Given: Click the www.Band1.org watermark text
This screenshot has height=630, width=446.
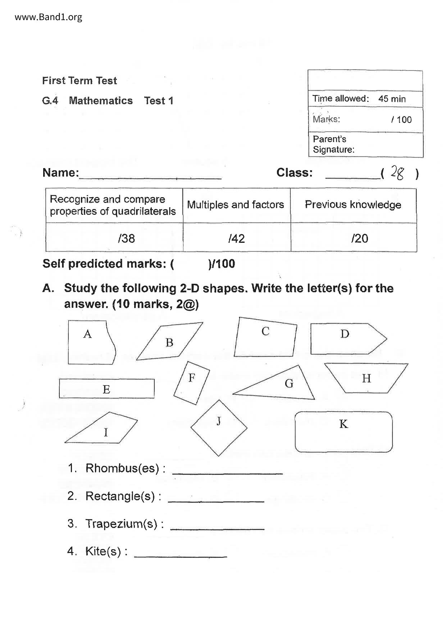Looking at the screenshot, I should click(48, 17).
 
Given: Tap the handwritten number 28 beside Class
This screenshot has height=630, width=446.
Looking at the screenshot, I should click(397, 173).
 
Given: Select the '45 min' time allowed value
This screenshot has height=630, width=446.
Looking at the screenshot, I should click(392, 99).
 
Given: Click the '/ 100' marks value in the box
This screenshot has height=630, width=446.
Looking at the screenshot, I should click(401, 120).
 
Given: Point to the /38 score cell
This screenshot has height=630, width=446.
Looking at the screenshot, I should click(126, 238).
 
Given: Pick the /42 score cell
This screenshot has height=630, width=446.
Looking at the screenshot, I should click(236, 238).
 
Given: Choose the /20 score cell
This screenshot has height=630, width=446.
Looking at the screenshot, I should click(359, 238).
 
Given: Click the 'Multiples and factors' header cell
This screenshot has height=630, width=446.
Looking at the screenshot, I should click(236, 205).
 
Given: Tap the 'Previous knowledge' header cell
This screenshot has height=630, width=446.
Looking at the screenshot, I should click(353, 205).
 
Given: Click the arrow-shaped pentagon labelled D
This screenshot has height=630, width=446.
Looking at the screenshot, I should click(345, 339).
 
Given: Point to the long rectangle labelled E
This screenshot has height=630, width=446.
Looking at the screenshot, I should click(106, 389).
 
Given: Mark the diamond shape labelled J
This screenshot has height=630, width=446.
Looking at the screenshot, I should click(219, 428).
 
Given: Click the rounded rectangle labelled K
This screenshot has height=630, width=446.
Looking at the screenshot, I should click(343, 432).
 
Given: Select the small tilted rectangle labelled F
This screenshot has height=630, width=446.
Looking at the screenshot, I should click(192, 383).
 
